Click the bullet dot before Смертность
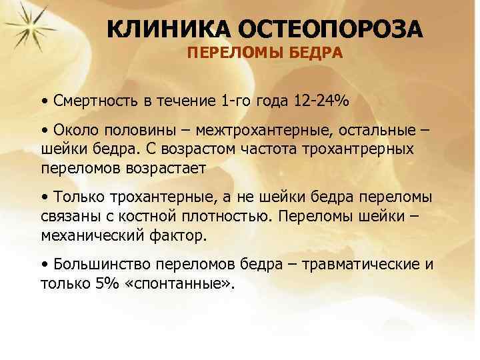44,102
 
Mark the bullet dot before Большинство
44,263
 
